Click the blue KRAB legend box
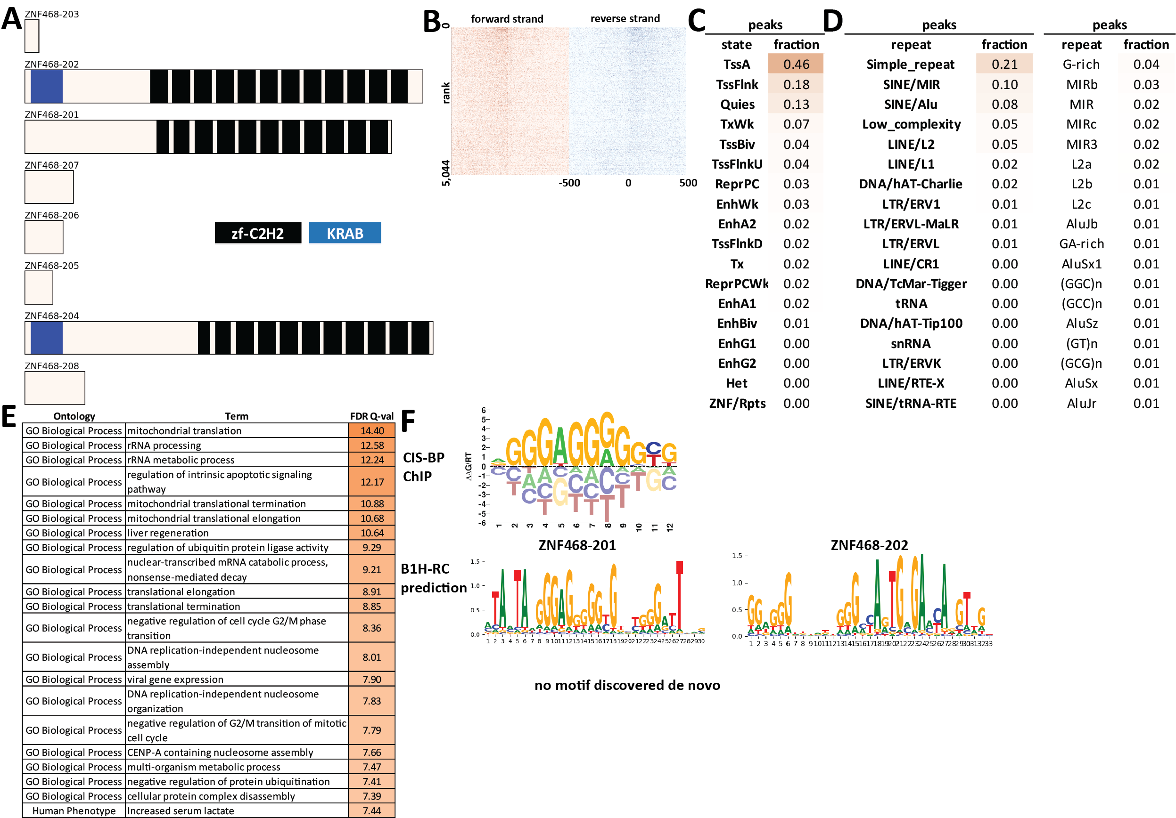[345, 234]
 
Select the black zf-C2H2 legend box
[258, 234]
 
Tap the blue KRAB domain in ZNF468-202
[47, 87]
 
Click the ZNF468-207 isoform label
[52, 165]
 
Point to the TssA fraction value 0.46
[796, 65]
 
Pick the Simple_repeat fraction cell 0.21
[1004, 65]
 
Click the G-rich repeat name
[1081, 65]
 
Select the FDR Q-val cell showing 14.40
[372, 430]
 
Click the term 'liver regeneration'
[167, 533]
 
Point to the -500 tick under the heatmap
[569, 183]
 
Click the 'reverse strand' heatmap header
[625, 19]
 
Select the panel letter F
[408, 421]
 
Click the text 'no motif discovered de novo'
[627, 685]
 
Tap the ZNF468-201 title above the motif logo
[577, 545]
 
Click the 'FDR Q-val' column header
[371, 416]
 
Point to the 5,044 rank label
[445, 173]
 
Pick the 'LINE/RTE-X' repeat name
[910, 383]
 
